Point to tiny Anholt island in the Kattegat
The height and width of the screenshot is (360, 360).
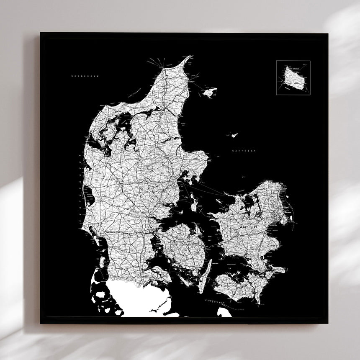[234, 135]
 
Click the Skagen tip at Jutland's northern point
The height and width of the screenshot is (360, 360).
[189, 57]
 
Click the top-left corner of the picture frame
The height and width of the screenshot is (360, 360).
[41, 33]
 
